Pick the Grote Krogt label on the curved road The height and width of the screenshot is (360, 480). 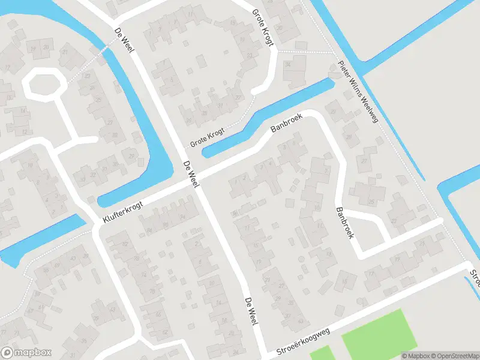point(262,28)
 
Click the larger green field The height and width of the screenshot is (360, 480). point(379,334)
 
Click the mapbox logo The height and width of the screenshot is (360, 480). point(26,353)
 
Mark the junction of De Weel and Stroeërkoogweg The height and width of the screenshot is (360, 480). point(263,350)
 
